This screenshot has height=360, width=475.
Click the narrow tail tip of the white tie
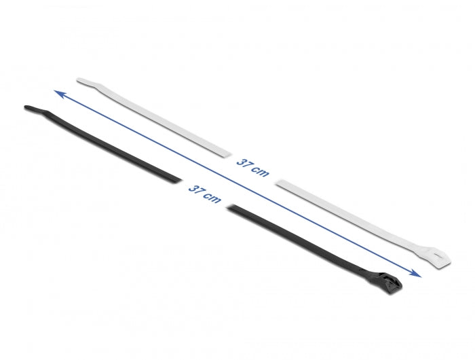tap(81, 80)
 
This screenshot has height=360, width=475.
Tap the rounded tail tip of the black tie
tap(27, 107)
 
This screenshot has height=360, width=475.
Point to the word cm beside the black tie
tap(212, 198)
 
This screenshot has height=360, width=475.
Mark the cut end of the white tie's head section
tap(279, 181)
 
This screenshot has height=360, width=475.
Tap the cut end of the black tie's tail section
tap(179, 180)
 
